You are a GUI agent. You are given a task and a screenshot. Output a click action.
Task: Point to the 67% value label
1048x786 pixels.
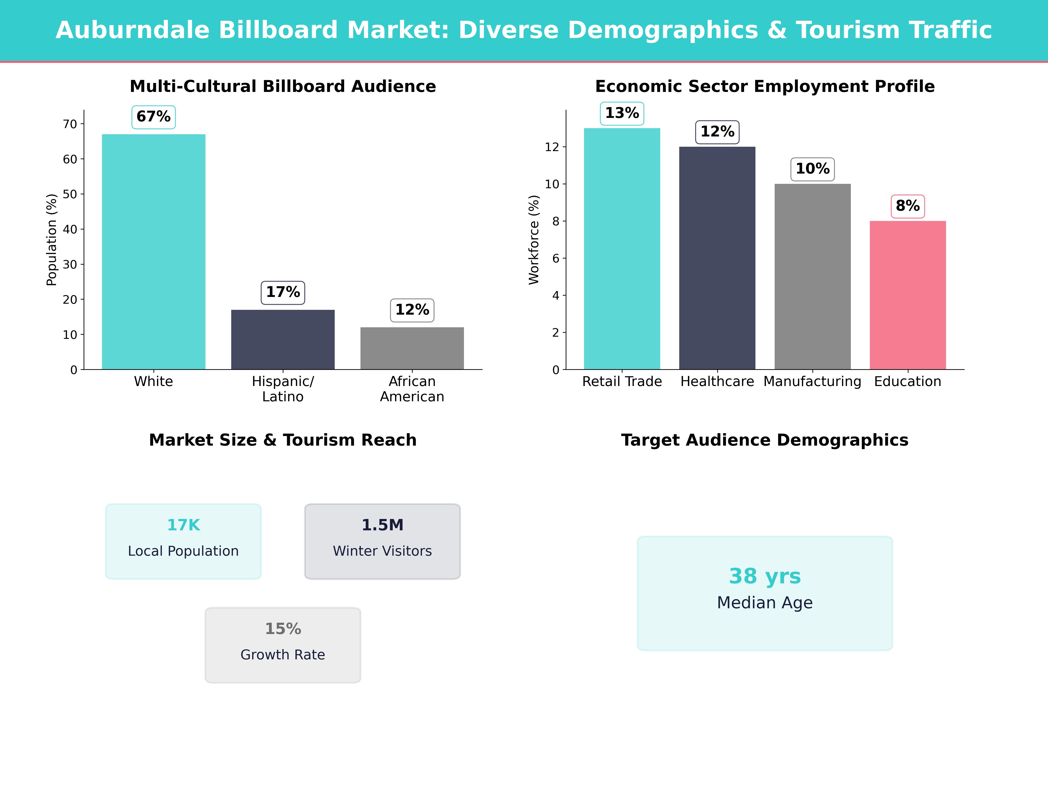(153, 117)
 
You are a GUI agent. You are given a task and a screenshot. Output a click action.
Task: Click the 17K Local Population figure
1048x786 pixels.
(183, 525)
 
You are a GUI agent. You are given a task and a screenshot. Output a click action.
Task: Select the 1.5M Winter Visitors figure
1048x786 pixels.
(382, 525)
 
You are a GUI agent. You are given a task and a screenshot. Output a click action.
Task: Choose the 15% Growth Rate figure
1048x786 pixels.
(283, 629)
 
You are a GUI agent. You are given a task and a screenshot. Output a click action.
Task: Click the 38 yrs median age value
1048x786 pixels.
(765, 576)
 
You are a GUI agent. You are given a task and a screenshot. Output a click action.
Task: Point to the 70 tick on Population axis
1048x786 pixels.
(70, 124)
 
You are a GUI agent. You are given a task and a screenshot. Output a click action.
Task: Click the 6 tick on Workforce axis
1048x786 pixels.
(556, 258)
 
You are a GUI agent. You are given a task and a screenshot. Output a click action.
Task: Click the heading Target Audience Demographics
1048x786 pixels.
(765, 440)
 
